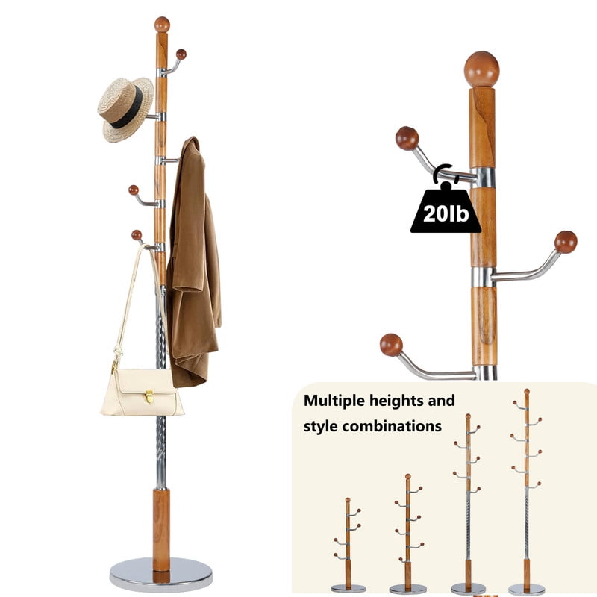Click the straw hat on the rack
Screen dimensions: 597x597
(x=124, y=109)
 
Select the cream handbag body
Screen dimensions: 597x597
(x=142, y=394)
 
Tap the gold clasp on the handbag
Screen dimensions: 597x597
(x=148, y=395)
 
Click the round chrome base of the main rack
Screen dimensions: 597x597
(x=160, y=573)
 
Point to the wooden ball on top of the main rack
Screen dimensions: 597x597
(x=162, y=24)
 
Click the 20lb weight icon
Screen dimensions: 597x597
(x=446, y=208)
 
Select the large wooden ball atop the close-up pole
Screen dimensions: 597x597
(x=481, y=69)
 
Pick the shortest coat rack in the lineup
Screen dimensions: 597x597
(x=348, y=545)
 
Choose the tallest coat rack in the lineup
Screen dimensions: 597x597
(x=526, y=493)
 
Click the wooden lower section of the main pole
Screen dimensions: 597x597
(x=160, y=527)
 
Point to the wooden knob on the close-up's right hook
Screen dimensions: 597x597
(x=566, y=242)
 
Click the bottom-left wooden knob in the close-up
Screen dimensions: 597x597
(x=391, y=345)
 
